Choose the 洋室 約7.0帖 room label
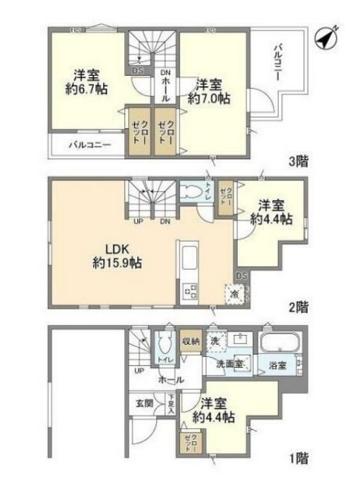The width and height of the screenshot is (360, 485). [209, 91]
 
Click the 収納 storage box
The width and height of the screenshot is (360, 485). [191, 340]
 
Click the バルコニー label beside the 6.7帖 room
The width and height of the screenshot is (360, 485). [90, 143]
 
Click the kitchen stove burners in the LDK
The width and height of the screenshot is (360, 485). [186, 291]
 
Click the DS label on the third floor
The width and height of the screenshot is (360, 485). [138, 71]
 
